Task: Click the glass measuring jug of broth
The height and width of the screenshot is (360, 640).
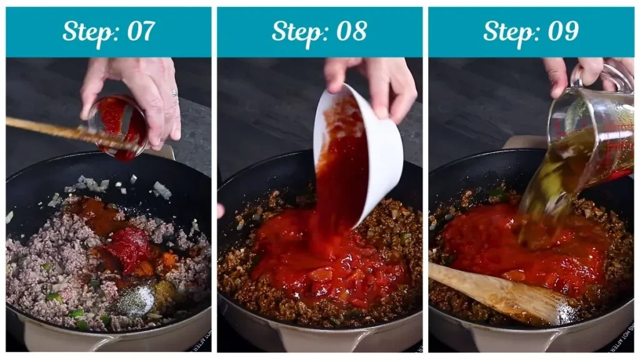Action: tap(591, 137)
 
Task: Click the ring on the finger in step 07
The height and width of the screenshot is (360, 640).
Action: tap(174, 93)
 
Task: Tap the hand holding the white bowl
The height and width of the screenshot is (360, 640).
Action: tap(375, 81)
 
